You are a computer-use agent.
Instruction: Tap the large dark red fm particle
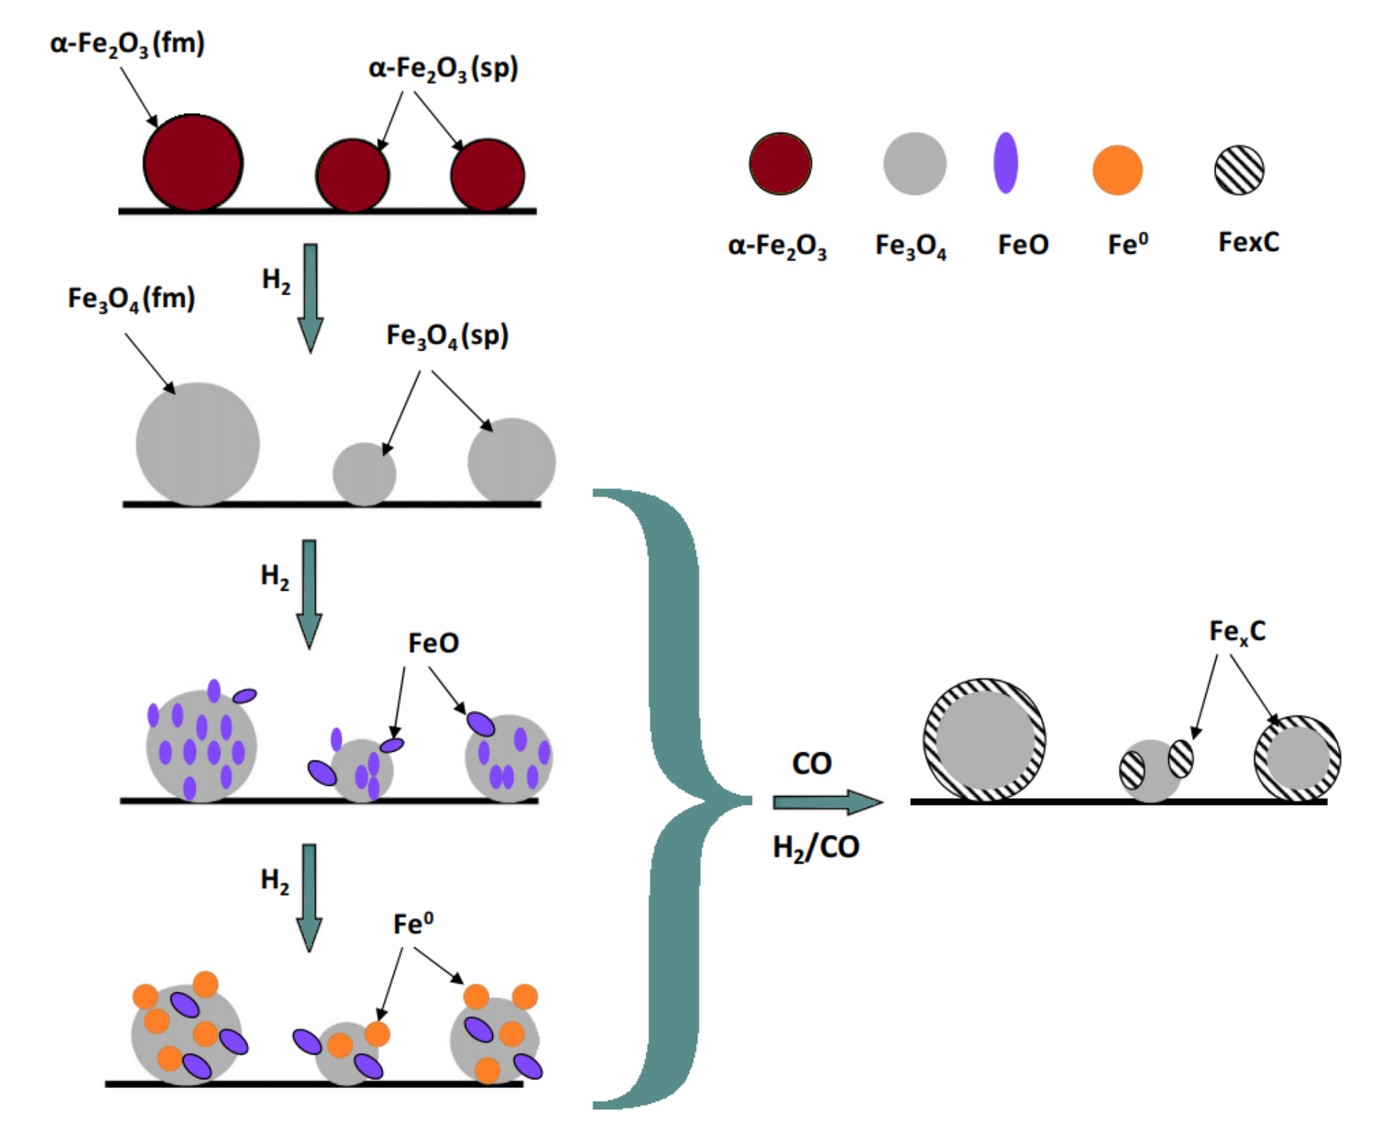tap(193, 163)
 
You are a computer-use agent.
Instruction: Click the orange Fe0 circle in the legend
tap(1117, 170)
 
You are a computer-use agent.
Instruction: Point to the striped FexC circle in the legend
tap(1239, 170)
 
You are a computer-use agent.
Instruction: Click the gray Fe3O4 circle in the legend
tap(915, 164)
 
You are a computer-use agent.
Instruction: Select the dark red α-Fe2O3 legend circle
tap(780, 164)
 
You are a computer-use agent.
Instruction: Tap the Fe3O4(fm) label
tap(132, 299)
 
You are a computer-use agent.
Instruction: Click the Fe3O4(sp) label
tap(447, 336)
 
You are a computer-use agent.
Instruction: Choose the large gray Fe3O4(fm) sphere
tap(198, 444)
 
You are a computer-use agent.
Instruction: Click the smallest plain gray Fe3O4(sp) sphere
tap(364, 474)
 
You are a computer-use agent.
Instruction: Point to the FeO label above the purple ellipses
tap(433, 643)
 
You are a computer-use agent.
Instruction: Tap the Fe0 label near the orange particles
tap(413, 924)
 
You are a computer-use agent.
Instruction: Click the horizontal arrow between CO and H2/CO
tap(827, 802)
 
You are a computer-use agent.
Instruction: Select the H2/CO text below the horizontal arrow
tap(816, 848)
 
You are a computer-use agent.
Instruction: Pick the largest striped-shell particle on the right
tap(984, 740)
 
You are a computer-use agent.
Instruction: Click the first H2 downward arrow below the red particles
tap(311, 297)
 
